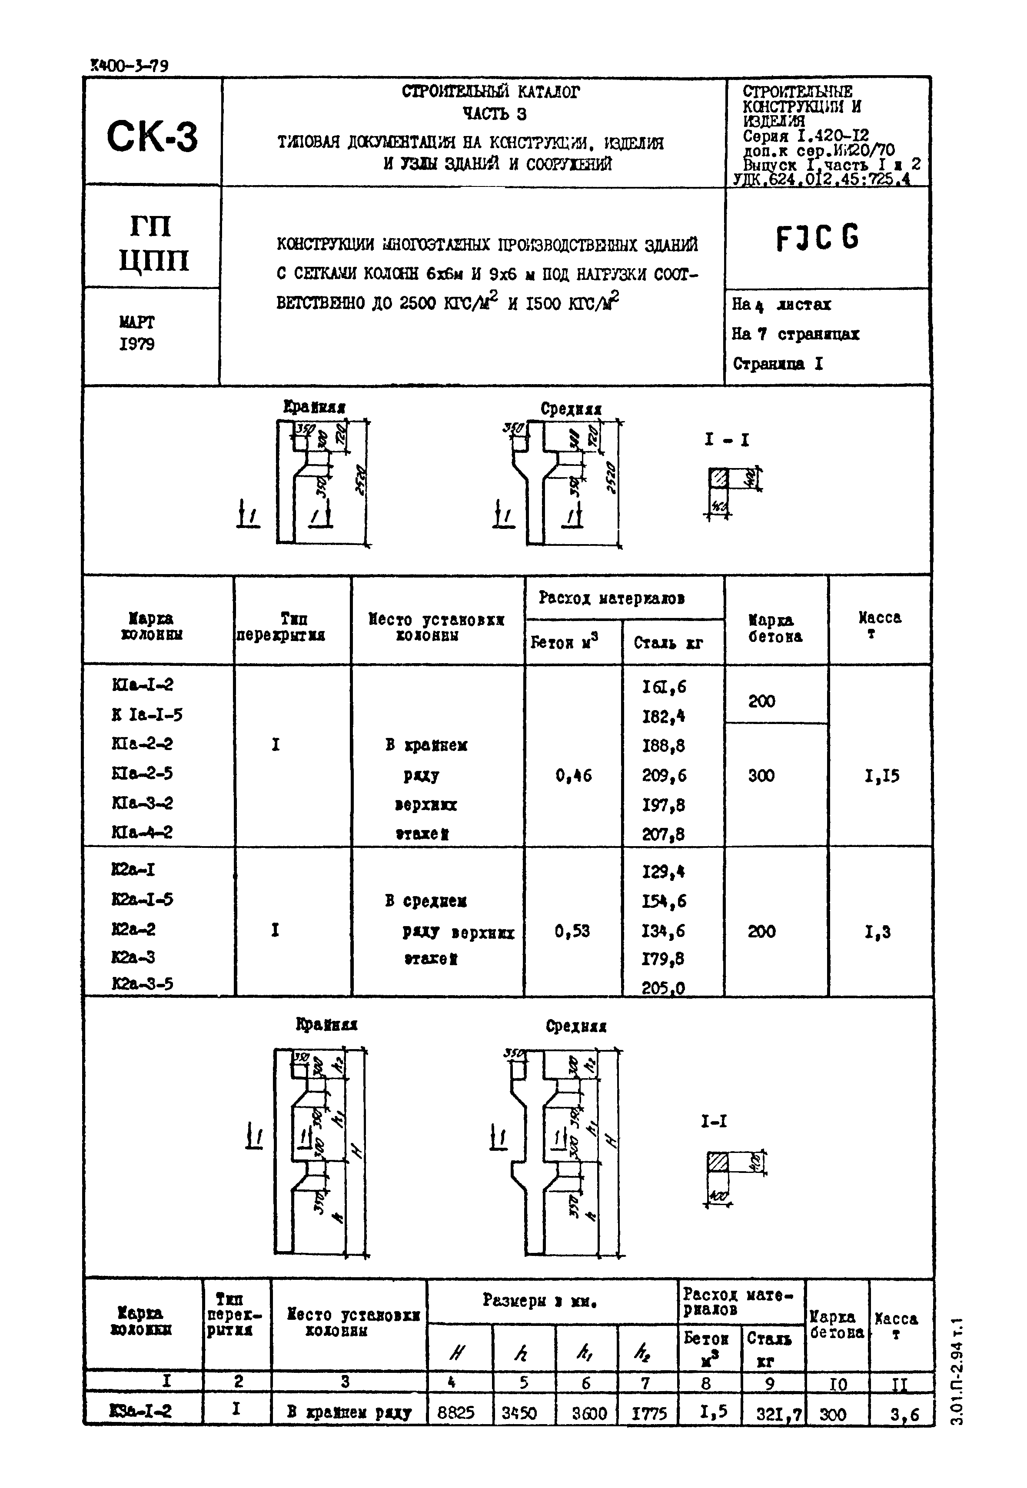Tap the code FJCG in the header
[817, 239]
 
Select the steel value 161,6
[664, 687]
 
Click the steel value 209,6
[664, 776]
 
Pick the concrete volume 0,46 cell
[573, 776]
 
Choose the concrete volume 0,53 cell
[572, 931]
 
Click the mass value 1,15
[881, 776]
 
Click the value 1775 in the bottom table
[648, 1413]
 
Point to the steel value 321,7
[774, 1413]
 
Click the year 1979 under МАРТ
[136, 344]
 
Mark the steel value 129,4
[663, 872]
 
